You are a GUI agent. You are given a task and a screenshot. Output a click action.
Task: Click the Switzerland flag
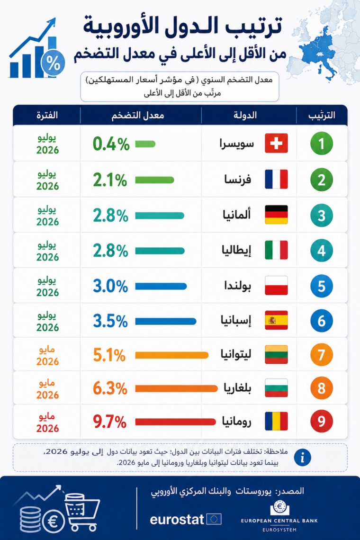click(276, 143)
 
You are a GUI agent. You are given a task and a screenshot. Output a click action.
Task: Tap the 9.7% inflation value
click(109, 422)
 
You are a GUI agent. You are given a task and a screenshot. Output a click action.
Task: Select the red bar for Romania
click(175, 422)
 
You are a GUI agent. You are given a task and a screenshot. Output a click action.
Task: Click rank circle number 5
click(322, 286)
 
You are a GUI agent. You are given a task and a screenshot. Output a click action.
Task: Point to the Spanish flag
click(276, 320)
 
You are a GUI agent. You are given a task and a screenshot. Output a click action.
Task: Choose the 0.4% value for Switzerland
click(111, 144)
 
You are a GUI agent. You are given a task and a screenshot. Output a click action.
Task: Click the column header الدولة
click(245, 115)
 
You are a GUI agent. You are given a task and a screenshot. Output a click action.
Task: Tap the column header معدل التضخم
click(138, 115)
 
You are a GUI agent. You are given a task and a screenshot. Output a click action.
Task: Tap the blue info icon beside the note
click(303, 458)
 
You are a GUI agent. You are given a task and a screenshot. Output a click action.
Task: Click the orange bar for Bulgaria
click(176, 388)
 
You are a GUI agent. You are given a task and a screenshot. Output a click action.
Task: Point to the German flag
click(276, 215)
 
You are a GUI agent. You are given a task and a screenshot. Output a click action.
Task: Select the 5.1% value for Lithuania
click(109, 355)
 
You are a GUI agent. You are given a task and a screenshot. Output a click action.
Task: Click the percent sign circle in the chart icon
click(53, 63)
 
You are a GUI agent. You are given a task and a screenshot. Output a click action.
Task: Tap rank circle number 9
click(322, 421)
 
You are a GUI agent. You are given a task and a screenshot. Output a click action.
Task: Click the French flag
click(276, 179)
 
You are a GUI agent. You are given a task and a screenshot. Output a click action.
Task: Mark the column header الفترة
click(47, 115)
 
